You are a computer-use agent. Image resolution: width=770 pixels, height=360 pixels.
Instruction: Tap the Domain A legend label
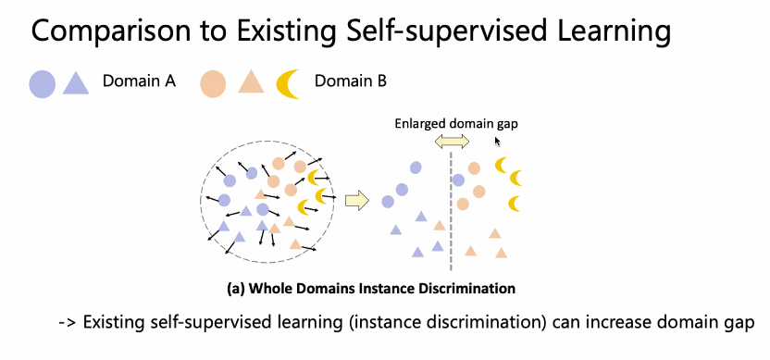pos(139,81)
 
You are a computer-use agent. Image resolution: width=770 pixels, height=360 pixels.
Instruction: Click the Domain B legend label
pos(351,81)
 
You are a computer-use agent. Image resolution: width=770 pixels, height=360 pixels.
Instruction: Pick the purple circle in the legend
pos(43,84)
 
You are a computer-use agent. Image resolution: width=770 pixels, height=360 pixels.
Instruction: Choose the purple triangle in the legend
pos(76,83)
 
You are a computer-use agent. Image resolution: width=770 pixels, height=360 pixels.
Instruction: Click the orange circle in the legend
pos(213,84)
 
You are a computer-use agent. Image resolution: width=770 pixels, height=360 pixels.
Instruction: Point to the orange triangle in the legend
pos(251,82)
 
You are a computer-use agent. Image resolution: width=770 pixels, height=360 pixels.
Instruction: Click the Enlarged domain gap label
pos(456,124)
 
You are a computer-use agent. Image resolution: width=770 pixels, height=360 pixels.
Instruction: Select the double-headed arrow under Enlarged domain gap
pos(453,143)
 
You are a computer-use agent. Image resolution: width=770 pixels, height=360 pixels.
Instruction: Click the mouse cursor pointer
pos(498,142)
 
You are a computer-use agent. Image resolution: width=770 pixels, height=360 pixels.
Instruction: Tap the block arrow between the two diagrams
pos(357,201)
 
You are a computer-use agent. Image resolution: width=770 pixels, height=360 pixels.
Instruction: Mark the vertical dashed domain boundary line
pos(451,211)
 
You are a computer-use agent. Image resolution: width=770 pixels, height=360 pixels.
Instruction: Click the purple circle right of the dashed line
pos(458,180)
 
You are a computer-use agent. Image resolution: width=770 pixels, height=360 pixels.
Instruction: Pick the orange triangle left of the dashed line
pos(440,226)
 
